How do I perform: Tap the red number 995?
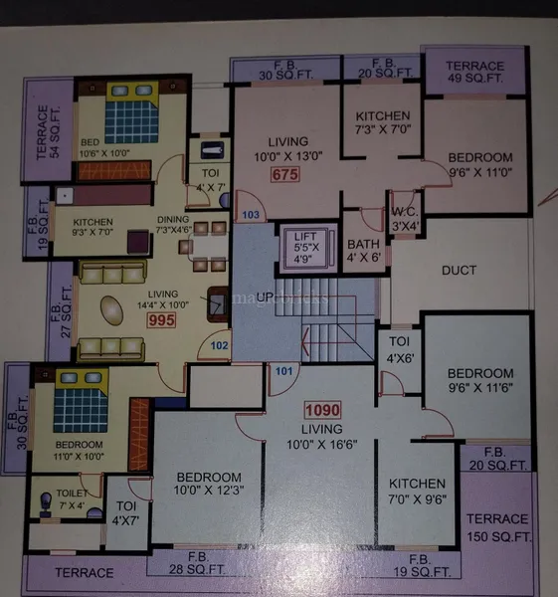coord(161,320)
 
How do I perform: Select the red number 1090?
coord(321,409)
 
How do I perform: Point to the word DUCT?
coord(459,270)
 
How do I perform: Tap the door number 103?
coord(251,216)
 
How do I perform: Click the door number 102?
coord(221,347)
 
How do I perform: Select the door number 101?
coord(284,373)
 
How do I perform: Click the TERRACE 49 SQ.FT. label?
coord(474,73)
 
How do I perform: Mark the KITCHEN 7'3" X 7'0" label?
coord(381,123)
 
